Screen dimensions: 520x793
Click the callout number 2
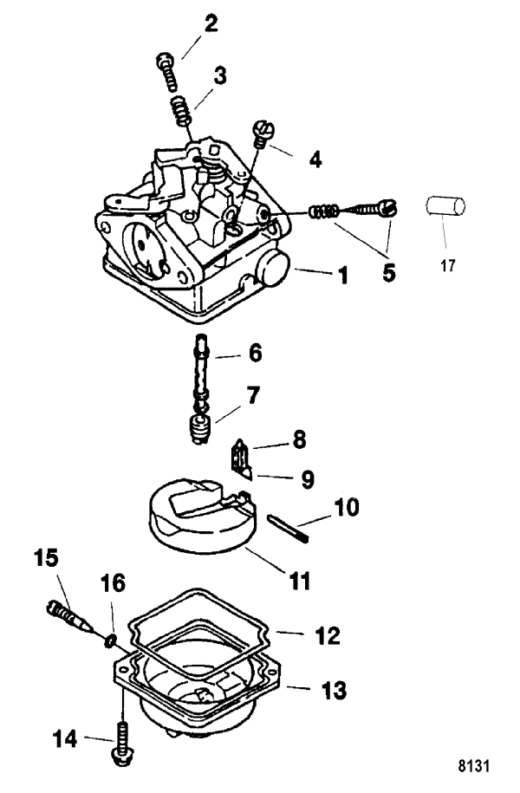tap(211, 24)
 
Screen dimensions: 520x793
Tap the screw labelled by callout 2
tap(167, 72)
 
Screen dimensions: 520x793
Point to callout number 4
tap(315, 159)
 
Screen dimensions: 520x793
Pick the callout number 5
tap(388, 273)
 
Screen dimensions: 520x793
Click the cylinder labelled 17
tap(445, 206)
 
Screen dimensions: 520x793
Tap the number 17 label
tap(448, 265)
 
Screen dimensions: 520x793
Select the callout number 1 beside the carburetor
tap(343, 276)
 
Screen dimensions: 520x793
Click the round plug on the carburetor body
tap(274, 268)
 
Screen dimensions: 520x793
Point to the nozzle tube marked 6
tap(202, 364)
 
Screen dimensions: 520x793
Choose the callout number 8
tap(300, 440)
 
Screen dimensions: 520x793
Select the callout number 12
tap(328, 636)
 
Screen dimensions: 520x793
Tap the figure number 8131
tap(474, 765)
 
